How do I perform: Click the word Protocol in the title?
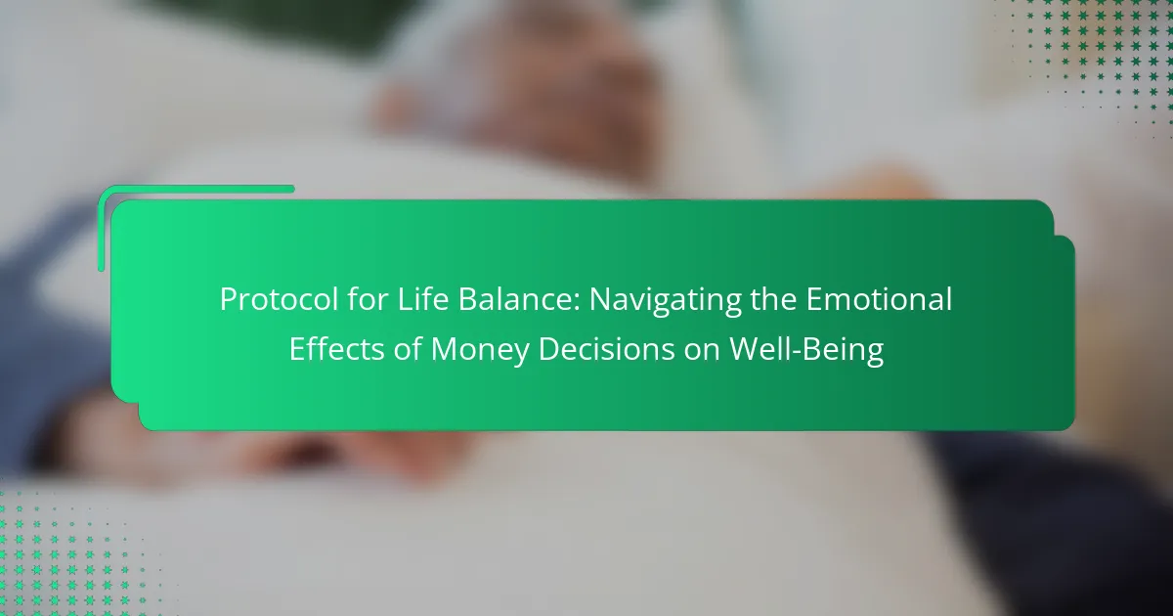click(x=280, y=299)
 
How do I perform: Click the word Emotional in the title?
click(x=879, y=299)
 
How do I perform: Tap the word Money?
click(x=480, y=350)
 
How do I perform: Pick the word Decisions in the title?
click(x=606, y=349)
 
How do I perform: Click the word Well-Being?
click(x=806, y=350)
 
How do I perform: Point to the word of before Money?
click(x=408, y=349)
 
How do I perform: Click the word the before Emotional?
click(x=773, y=299)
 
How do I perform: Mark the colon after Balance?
click(x=577, y=303)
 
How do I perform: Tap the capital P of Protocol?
click(x=229, y=299)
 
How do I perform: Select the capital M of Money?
click(x=444, y=349)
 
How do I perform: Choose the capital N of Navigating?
click(x=601, y=299)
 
